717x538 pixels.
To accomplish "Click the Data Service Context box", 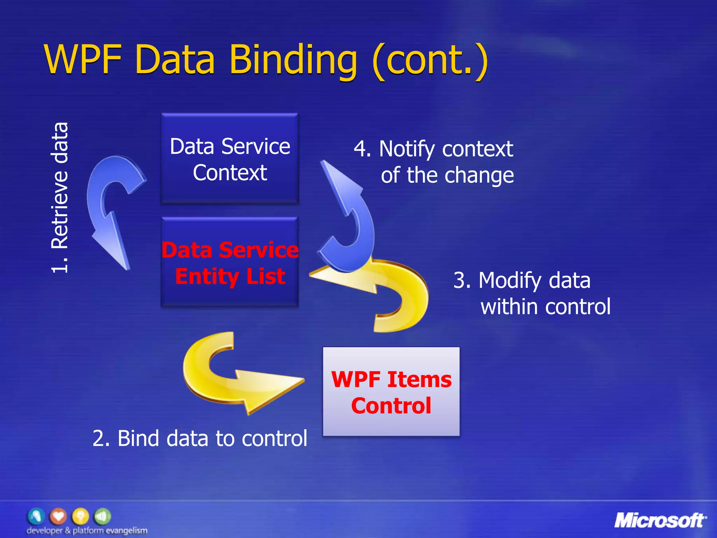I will pyautogui.click(x=230, y=158).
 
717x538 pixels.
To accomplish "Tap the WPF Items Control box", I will pyautogui.click(x=391, y=392).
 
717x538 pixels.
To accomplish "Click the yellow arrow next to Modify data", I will pyautogui.click(x=392, y=291).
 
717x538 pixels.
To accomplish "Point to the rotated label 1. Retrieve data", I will pyautogui.click(x=60, y=198).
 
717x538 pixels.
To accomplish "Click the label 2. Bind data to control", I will pyautogui.click(x=200, y=438).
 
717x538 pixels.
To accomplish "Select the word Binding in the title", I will pyautogui.click(x=293, y=60).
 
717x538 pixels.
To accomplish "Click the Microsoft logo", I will pyautogui.click(x=660, y=520).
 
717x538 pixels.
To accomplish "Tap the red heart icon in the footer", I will pyautogui.click(x=58, y=516).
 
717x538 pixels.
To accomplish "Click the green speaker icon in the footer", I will pyautogui.click(x=102, y=516).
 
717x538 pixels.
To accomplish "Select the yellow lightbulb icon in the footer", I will pyautogui.click(x=80, y=516).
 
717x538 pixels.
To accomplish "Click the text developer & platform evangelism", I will pyautogui.click(x=87, y=530).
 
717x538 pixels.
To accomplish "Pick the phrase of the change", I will pyautogui.click(x=447, y=175).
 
